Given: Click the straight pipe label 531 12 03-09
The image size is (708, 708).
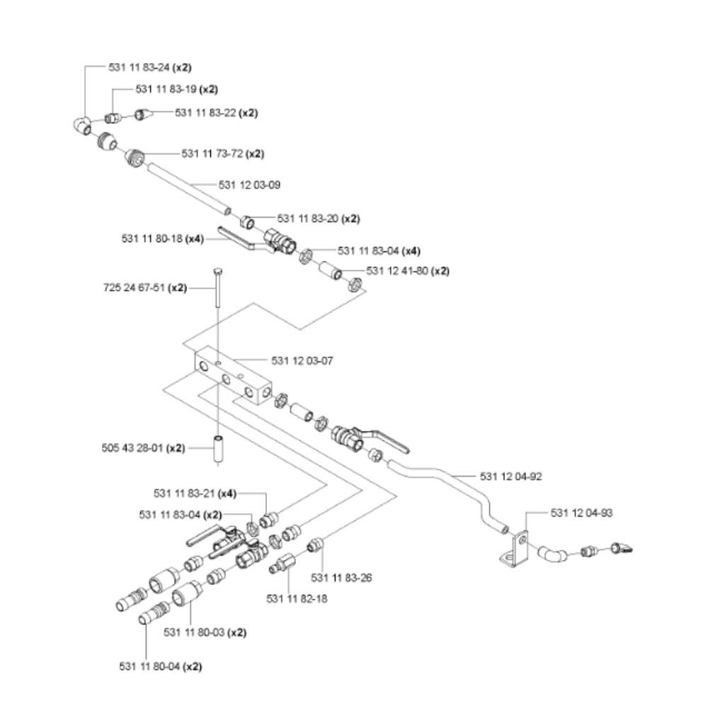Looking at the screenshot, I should (250, 185).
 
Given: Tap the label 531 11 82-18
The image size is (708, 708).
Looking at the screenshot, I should (297, 598).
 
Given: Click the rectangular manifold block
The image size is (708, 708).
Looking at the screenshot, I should (234, 379).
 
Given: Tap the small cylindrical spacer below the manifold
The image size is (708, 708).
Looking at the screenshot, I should (219, 450).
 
